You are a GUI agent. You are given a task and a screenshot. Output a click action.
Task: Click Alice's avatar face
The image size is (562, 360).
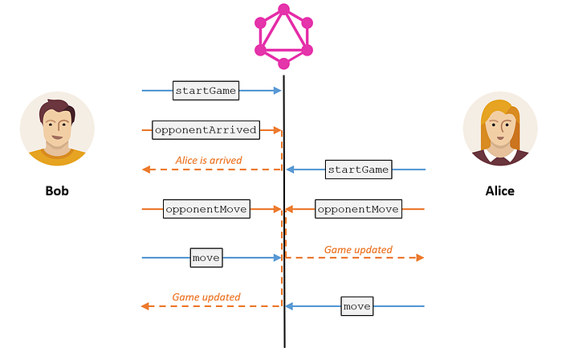pyautogui.click(x=499, y=129)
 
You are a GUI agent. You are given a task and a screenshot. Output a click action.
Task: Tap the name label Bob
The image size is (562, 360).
pyautogui.click(x=57, y=191)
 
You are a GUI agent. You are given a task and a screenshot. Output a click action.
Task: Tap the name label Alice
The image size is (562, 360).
pyautogui.click(x=499, y=191)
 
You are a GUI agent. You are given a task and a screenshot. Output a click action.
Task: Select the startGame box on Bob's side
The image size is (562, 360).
pyautogui.click(x=206, y=90)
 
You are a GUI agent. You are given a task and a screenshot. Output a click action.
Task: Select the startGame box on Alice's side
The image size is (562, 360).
pyautogui.click(x=358, y=170)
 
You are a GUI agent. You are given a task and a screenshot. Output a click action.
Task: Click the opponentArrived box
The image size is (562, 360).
pyautogui.click(x=206, y=129)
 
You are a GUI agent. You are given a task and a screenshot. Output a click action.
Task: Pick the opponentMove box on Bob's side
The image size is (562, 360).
pyautogui.click(x=206, y=209)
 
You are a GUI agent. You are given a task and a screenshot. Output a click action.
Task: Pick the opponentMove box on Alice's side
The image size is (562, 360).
pyautogui.click(x=357, y=209)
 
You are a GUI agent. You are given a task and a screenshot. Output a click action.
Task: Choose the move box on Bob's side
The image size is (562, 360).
pyautogui.click(x=206, y=258)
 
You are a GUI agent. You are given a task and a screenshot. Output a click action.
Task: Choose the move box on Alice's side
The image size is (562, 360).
pyautogui.click(x=356, y=306)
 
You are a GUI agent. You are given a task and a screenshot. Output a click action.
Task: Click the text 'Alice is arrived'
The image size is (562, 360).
pyautogui.click(x=209, y=161)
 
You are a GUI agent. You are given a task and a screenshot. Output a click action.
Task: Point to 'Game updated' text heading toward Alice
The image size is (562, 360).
pyautogui.click(x=358, y=250)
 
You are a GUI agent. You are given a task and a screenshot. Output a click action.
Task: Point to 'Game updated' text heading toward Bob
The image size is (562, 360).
pyautogui.click(x=206, y=297)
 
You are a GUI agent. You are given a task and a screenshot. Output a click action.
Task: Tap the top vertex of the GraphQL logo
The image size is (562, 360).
pyautogui.click(x=283, y=10)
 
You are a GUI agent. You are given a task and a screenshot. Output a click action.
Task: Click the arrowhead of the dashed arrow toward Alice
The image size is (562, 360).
pyautogui.click(x=420, y=258)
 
